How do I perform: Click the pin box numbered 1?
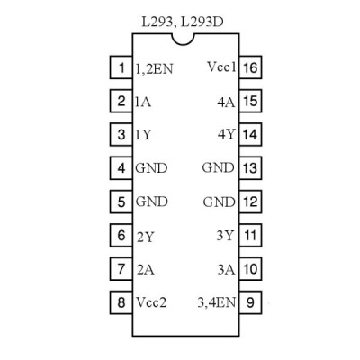pyautogui.click(x=121, y=67)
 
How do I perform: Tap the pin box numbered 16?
pyautogui.click(x=250, y=67)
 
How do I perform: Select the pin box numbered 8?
pyautogui.click(x=121, y=302)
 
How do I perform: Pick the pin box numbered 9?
pyautogui.click(x=250, y=302)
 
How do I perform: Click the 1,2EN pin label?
pyautogui.click(x=155, y=69)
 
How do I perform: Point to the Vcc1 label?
pyautogui.click(x=221, y=67)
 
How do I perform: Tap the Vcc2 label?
pyautogui.click(x=151, y=301)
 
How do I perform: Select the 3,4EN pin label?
pyautogui.click(x=217, y=302)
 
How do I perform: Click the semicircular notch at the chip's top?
pyautogui.click(x=184, y=40)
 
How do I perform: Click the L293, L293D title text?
pyautogui.click(x=183, y=22)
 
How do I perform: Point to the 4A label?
pyautogui.click(x=226, y=103)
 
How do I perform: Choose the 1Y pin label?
pyautogui.click(x=143, y=135)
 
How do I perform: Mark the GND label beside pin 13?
pyautogui.click(x=218, y=167)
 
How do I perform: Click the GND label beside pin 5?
pyautogui.click(x=152, y=202)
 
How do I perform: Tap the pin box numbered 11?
pyautogui.click(x=250, y=235)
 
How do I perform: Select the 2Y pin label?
pyautogui.click(x=146, y=238)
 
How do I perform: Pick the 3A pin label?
pyautogui.click(x=226, y=270)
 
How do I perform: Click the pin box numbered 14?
pyautogui.click(x=250, y=135)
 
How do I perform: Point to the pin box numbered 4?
pyautogui.click(x=121, y=168)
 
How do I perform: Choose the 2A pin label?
pyautogui.click(x=146, y=270)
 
